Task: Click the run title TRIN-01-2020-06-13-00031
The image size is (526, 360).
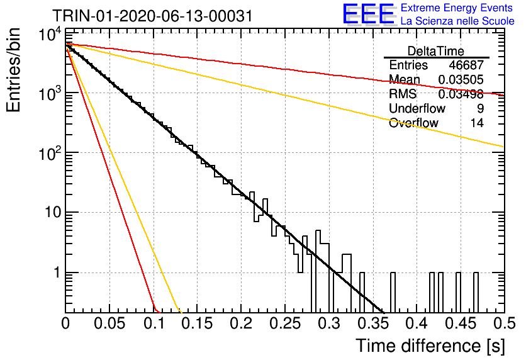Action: [x=153, y=16]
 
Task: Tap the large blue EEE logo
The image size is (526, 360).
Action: [x=369, y=14]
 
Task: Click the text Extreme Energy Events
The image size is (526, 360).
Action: [x=457, y=8]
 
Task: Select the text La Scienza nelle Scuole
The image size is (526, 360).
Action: [x=457, y=21]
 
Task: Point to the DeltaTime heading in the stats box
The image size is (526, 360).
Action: [x=436, y=51]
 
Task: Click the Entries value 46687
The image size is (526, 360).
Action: [x=466, y=65]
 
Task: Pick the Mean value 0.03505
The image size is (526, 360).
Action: [x=461, y=79]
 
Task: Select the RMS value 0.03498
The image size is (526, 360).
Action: [x=461, y=94]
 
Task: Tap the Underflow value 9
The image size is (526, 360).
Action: [x=480, y=108]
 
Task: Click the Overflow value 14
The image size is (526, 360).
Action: [x=477, y=123]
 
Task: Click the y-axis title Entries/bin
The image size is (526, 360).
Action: [x=13, y=70]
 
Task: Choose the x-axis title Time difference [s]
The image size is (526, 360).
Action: [x=430, y=346]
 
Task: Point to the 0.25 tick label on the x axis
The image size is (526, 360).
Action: [x=286, y=323]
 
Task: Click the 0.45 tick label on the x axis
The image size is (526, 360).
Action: [x=461, y=323]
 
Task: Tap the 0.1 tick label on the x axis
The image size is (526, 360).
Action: [x=154, y=323]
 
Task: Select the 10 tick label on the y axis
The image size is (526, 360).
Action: [x=53, y=212]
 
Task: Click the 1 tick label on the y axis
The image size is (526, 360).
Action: [x=57, y=273]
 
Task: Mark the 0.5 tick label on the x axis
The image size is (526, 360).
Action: [x=504, y=323]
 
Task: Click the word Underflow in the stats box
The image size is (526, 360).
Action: [x=417, y=108]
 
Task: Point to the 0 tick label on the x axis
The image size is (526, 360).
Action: [x=65, y=323]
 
